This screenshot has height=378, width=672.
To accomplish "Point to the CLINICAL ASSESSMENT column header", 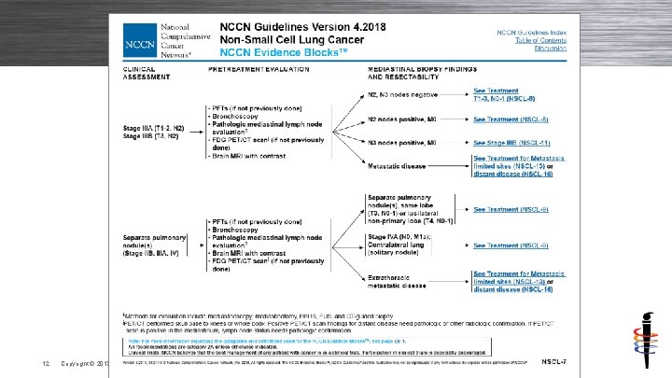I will point(141,75).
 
